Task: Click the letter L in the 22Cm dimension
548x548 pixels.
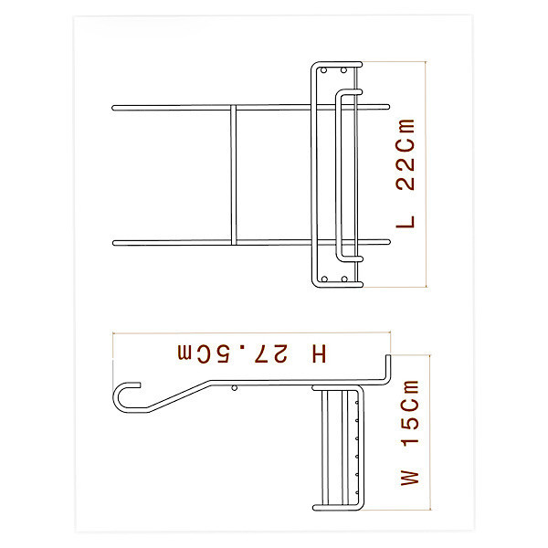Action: coord(405,222)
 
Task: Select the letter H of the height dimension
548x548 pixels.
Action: coord(319,353)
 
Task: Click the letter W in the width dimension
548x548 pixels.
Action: coord(409,478)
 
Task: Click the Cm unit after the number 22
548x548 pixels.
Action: coord(405,137)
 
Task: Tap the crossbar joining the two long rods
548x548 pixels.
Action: coord(234,174)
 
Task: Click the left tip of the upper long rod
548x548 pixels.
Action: coord(113,108)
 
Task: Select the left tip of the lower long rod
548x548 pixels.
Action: coord(114,243)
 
